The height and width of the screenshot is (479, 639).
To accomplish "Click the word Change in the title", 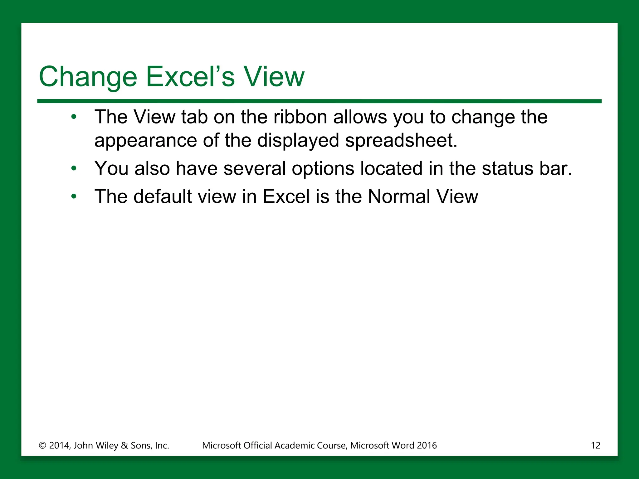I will (x=88, y=77).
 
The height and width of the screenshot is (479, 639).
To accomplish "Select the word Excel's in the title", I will (x=190, y=77).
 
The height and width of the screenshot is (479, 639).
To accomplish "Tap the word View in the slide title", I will (x=274, y=77).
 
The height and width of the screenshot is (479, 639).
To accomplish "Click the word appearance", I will (x=145, y=141).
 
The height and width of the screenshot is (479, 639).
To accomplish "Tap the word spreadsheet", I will (x=401, y=141).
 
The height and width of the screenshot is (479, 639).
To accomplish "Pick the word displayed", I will (x=298, y=141).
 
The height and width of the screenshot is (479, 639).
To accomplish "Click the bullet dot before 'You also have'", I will (x=74, y=169).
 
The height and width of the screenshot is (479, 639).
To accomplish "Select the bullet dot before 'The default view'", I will (x=74, y=196).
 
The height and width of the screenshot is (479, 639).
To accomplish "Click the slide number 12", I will (x=595, y=445).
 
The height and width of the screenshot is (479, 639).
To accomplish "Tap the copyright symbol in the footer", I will (x=42, y=446).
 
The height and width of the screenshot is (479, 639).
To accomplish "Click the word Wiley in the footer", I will (x=107, y=445).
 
